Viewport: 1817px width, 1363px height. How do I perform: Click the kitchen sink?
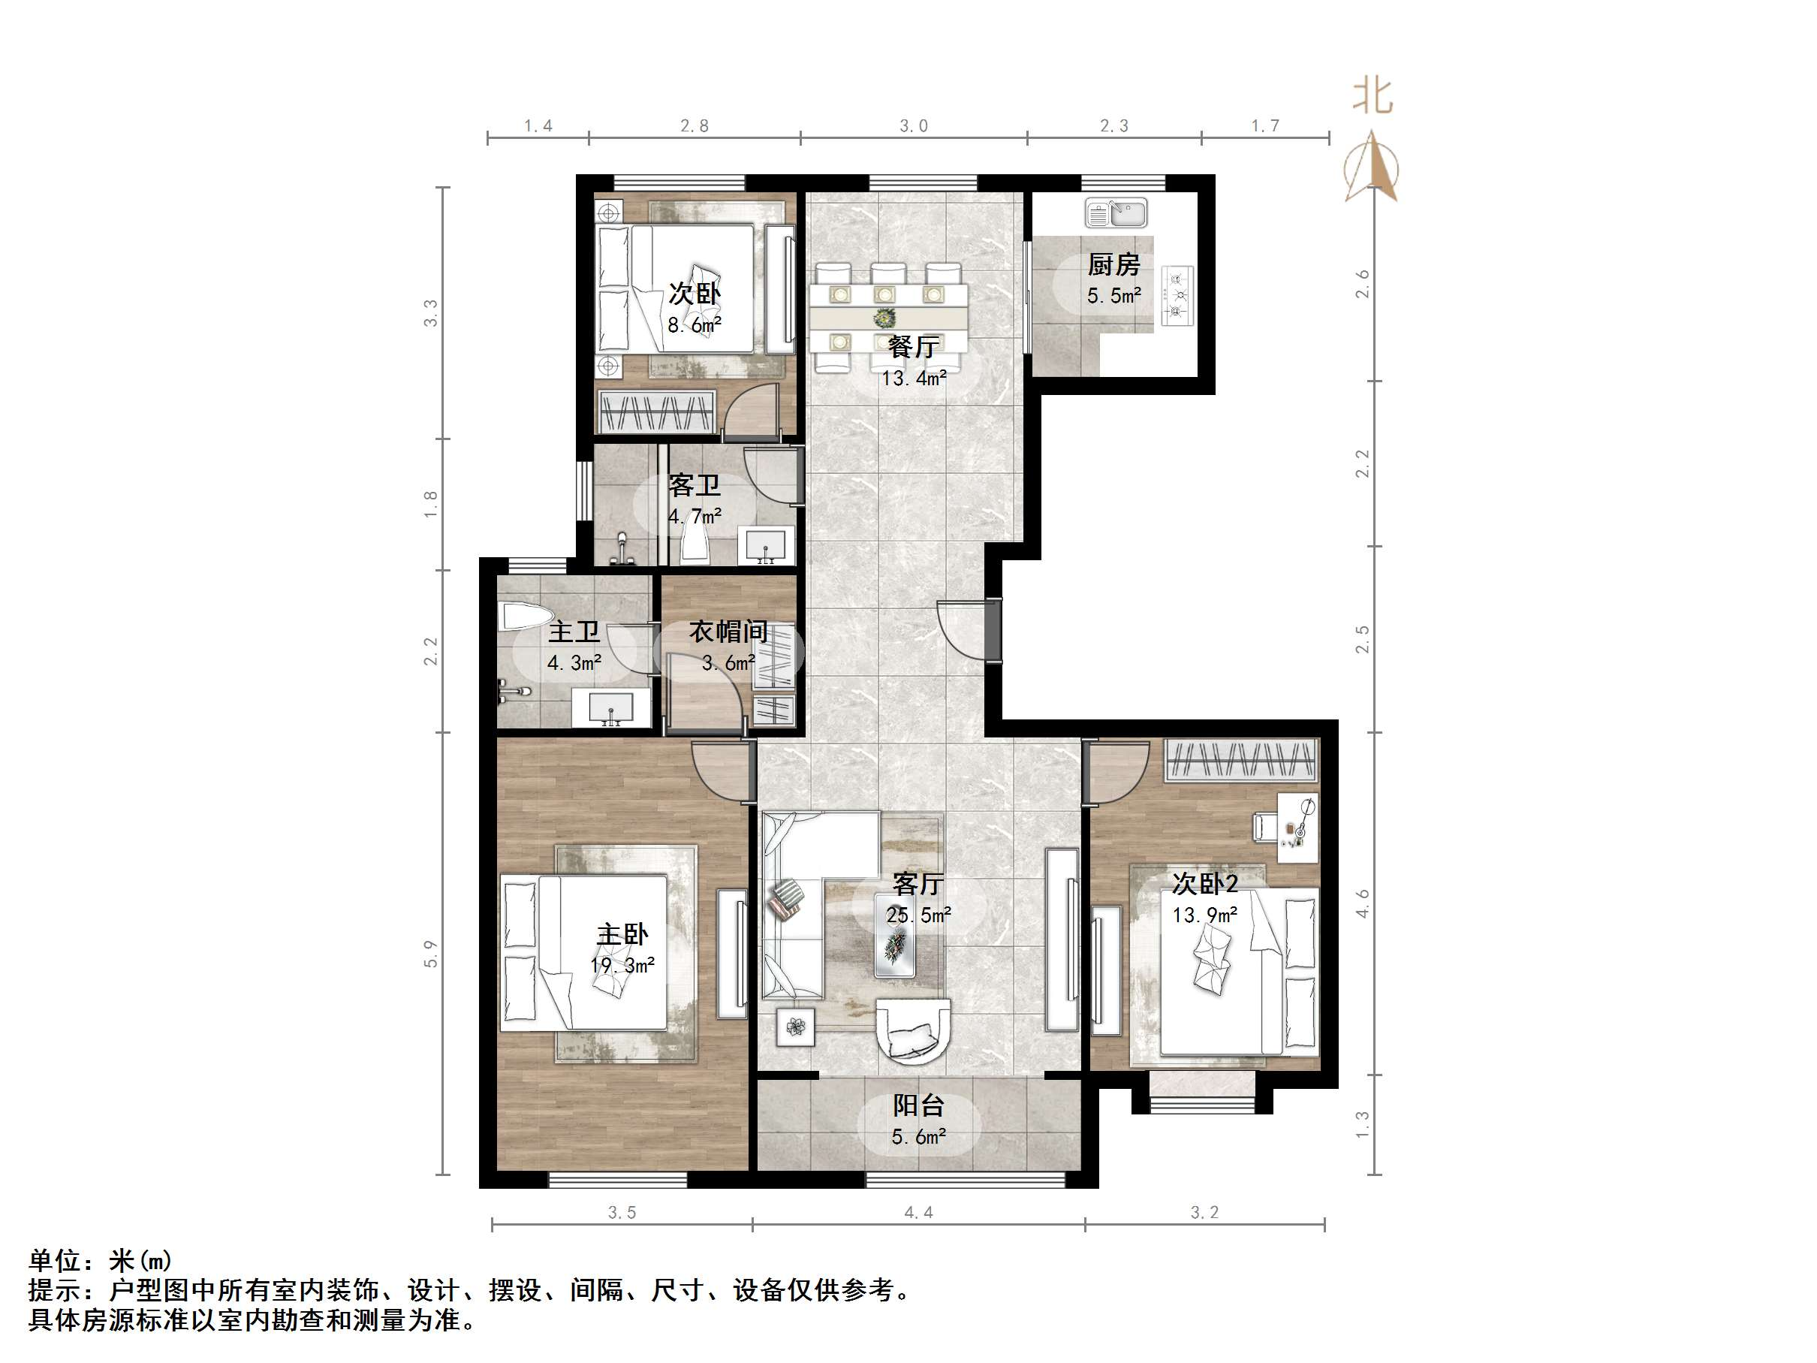(x=1116, y=213)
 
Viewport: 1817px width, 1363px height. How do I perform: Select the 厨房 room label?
(x=1114, y=264)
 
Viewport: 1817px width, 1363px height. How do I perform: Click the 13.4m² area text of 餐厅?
(x=915, y=378)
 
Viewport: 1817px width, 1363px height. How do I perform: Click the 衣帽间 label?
(x=728, y=632)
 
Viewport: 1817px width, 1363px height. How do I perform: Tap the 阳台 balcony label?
(x=918, y=1106)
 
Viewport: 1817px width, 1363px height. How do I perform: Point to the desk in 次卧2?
(x=1298, y=828)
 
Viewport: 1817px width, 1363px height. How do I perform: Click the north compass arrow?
(x=1371, y=166)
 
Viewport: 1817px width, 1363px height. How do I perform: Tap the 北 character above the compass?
(x=1373, y=96)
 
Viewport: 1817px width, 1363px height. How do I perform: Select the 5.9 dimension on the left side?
(x=430, y=954)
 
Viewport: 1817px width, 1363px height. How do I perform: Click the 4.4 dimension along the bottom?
(x=918, y=1213)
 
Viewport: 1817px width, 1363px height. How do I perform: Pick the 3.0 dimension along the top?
(x=914, y=125)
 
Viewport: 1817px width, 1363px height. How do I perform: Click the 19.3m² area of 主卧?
(x=622, y=965)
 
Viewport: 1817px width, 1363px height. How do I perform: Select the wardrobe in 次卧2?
(x=1241, y=760)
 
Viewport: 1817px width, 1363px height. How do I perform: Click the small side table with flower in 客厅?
(x=795, y=1027)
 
